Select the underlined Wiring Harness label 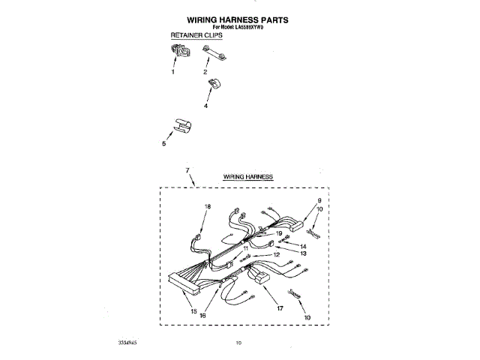pyautogui.click(x=247, y=176)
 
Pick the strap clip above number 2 pyautogui.click(x=214, y=55)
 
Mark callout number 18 pyautogui.click(x=208, y=206)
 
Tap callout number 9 pyautogui.click(x=319, y=200)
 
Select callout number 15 pyautogui.click(x=193, y=310)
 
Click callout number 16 pyautogui.click(x=202, y=315)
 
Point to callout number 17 pyautogui.click(x=280, y=307)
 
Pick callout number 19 pyautogui.click(x=278, y=233)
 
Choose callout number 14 pyautogui.click(x=304, y=246)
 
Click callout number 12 pyautogui.click(x=276, y=255)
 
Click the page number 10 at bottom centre pyautogui.click(x=238, y=343)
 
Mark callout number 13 pyautogui.click(x=304, y=253)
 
